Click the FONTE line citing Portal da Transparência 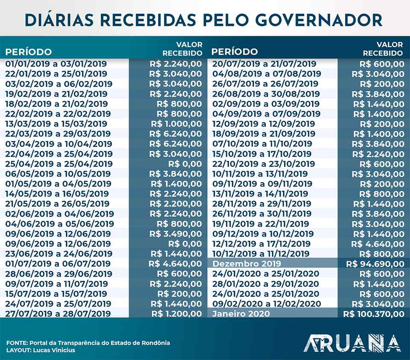pyautogui.click(x=88, y=343)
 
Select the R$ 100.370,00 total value pyautogui.click(x=373, y=314)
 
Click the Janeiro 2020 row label pyautogui.click(x=241, y=314)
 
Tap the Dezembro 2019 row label pyautogui.click(x=246, y=263)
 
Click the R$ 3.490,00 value pyautogui.click(x=176, y=234)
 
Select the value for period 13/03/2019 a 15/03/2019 pyautogui.click(x=176, y=124)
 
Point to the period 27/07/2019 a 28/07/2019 pyautogui.click(x=58, y=314)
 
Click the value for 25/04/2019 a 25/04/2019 pyautogui.click(x=184, y=164)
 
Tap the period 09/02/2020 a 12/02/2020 pyautogui.click(x=266, y=304)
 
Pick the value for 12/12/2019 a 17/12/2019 pyautogui.click(x=378, y=243)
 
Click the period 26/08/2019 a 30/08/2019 pyautogui.click(x=266, y=94)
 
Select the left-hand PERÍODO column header pyautogui.click(x=28, y=53)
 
